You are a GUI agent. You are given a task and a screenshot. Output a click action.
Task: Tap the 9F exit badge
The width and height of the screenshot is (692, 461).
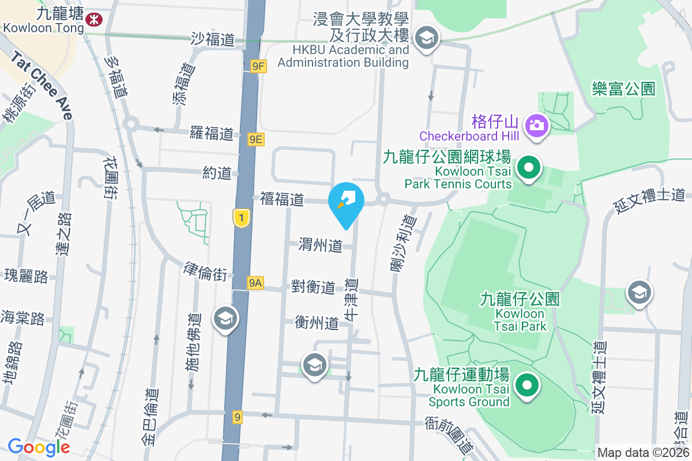pos(258,66)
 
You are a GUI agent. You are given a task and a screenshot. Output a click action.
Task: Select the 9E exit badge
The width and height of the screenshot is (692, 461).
pos(256,139)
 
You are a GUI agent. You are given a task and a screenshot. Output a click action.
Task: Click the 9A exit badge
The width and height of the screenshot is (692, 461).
pos(255,282)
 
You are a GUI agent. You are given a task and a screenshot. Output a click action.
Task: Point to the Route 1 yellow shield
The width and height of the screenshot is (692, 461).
pos(242,217)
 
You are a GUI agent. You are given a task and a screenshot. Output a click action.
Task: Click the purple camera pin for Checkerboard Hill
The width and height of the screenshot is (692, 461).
pos(536,125)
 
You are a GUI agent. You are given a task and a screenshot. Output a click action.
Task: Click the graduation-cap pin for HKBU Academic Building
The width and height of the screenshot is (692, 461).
pos(427,39)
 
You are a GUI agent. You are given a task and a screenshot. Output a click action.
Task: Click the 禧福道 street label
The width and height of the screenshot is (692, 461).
pos(281,199)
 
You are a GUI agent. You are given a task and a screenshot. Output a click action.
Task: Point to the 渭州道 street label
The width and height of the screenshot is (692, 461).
pos(320,246)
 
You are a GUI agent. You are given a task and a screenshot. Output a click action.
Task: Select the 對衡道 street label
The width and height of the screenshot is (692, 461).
pos(313,286)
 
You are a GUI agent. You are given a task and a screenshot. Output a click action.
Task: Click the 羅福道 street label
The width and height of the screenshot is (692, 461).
pos(212,134)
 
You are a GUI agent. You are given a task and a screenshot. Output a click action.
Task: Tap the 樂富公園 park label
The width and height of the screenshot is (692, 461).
pos(624,89)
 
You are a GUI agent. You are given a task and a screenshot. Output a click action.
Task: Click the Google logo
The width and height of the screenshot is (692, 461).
pos(39,447)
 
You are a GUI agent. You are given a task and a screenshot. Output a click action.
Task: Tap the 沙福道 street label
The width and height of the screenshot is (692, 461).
pos(213,39)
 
